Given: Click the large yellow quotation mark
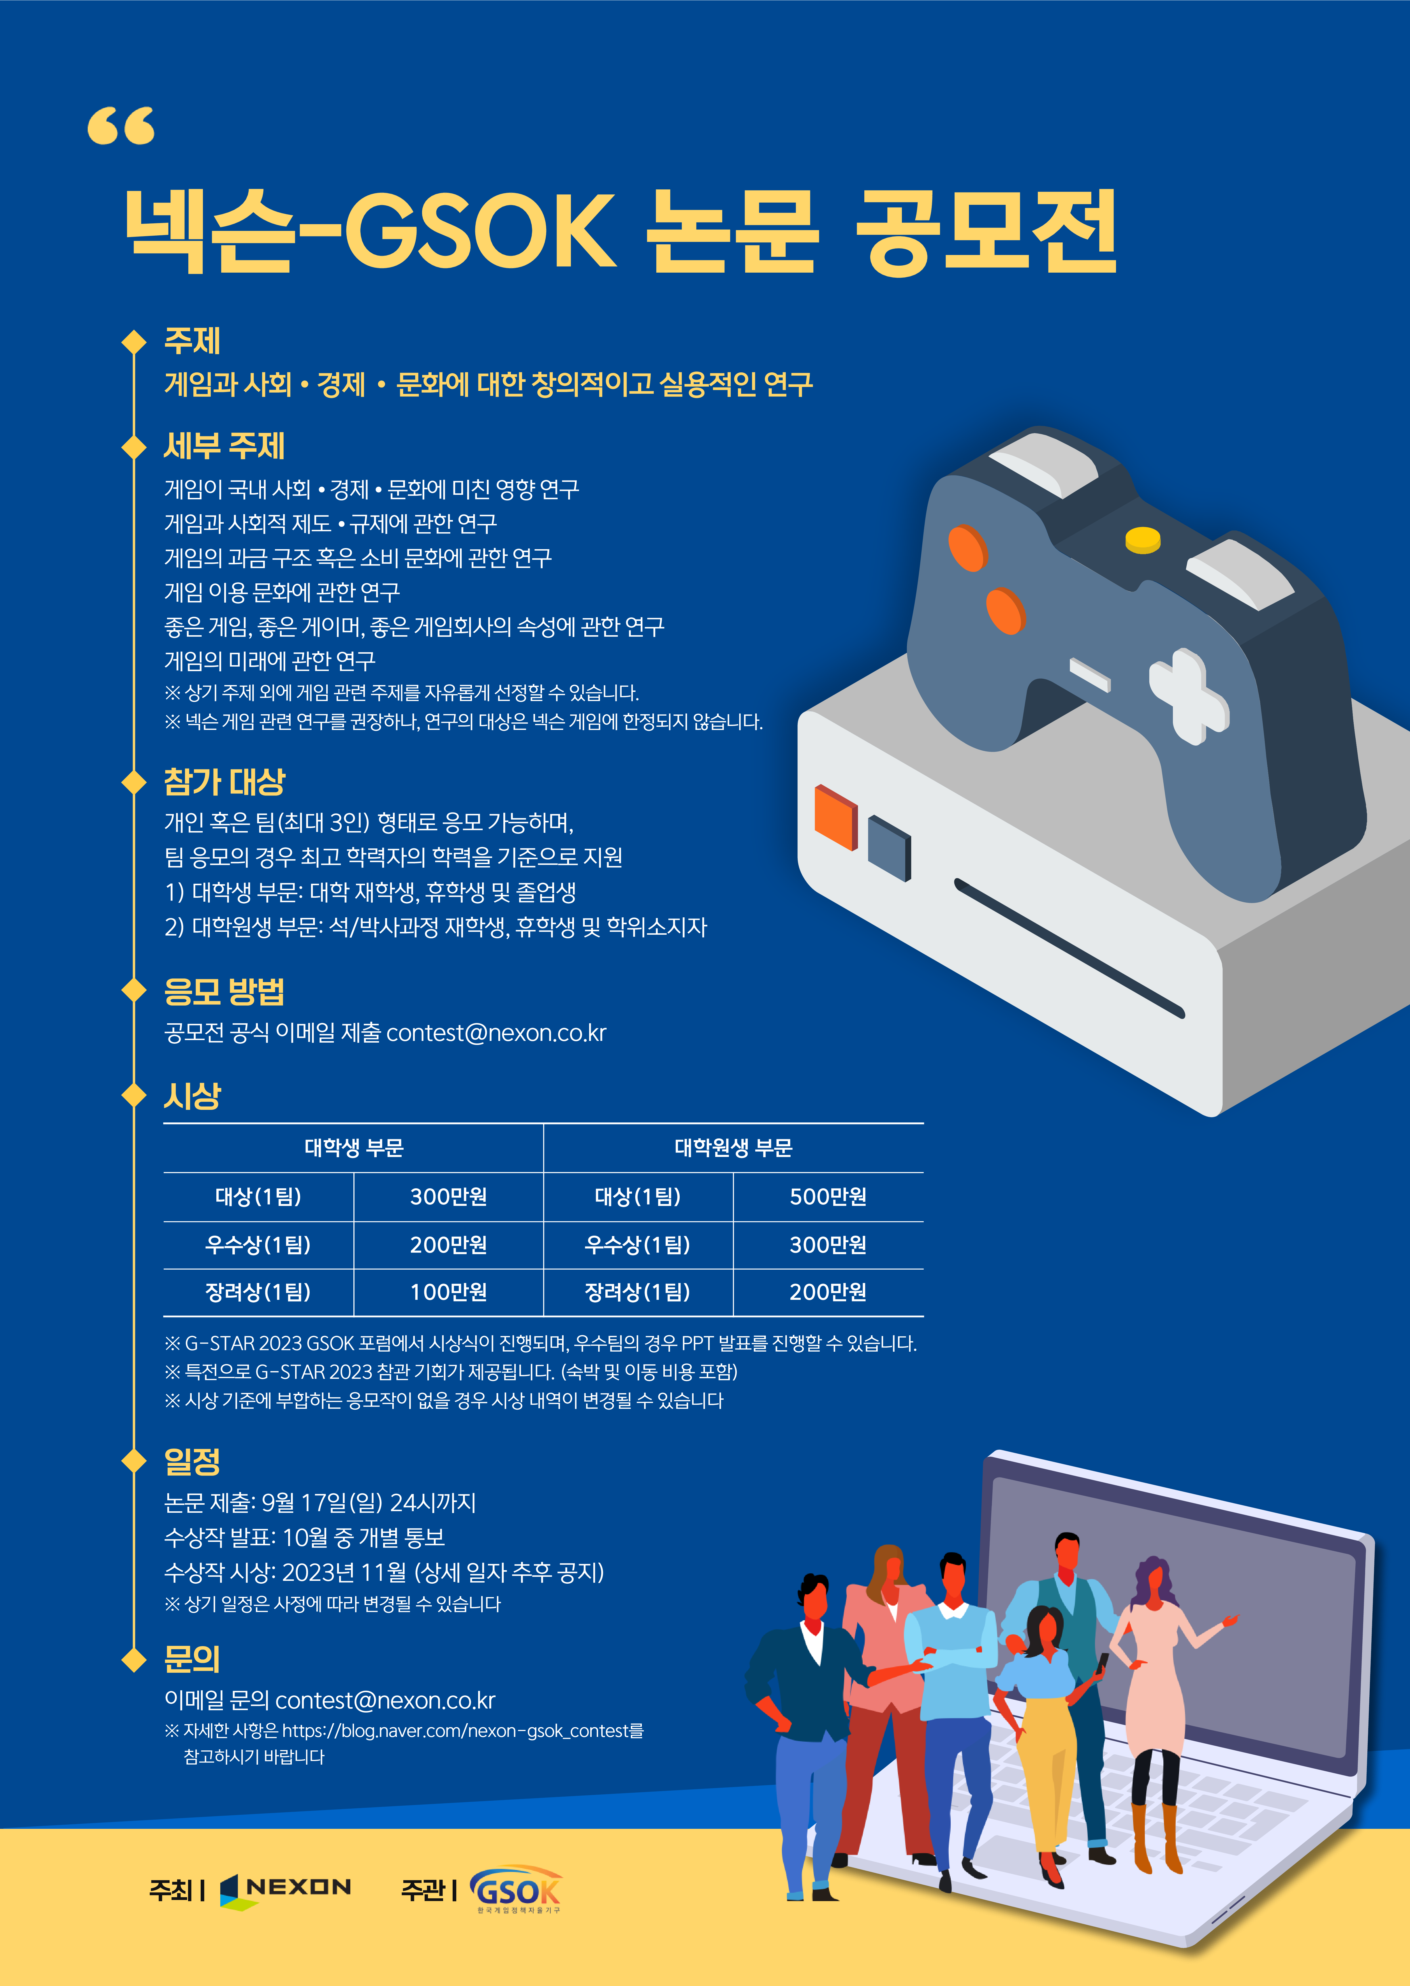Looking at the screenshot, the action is (x=121, y=126).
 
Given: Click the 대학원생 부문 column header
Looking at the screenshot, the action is (x=734, y=1147).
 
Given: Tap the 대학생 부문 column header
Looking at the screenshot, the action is (x=354, y=1147).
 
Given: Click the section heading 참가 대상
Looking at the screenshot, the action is (x=224, y=781).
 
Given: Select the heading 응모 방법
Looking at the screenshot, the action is (x=224, y=990).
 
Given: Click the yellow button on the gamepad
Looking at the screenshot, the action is (x=1143, y=539).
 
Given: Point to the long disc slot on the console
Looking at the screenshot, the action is (x=1070, y=948).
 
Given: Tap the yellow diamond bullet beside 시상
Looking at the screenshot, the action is (x=134, y=1096).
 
